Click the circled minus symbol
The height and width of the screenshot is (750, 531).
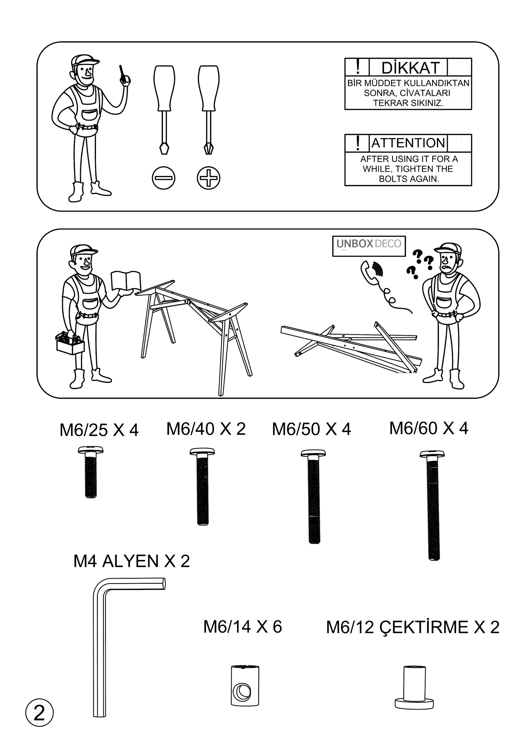tap(163, 178)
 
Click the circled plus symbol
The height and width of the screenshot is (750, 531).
tap(208, 178)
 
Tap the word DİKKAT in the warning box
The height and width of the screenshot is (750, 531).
tap(410, 68)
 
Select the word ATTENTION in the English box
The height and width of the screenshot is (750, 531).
tap(408, 143)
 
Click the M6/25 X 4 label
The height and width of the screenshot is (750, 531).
tap(99, 430)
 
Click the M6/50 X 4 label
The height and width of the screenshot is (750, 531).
tap(311, 429)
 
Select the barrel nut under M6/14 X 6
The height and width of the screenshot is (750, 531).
tap(245, 685)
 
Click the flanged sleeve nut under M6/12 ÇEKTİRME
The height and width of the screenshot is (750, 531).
tap(414, 687)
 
